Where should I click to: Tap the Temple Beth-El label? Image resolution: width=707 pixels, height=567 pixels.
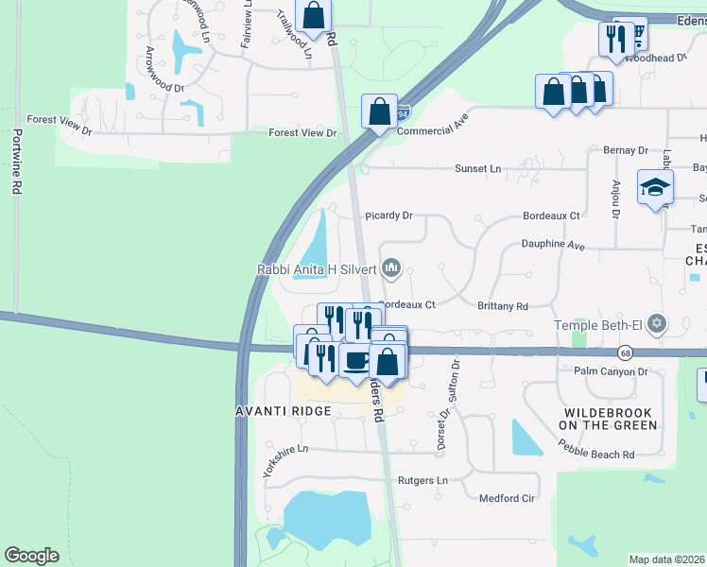tap(597, 327)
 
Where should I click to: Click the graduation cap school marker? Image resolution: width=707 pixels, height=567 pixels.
tap(654, 187)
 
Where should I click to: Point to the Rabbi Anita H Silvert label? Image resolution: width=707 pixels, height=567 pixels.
tap(317, 269)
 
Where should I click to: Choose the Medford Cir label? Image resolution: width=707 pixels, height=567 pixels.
tap(508, 498)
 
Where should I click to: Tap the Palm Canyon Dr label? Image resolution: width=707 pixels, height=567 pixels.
tap(610, 371)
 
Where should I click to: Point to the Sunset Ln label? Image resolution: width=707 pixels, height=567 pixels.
tap(477, 168)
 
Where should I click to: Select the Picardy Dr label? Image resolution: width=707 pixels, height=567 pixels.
tap(389, 215)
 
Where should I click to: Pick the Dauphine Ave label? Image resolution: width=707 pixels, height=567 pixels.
tap(553, 244)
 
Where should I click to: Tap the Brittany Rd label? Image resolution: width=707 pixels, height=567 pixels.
tap(502, 306)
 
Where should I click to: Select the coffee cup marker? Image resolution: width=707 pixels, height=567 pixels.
tap(356, 361)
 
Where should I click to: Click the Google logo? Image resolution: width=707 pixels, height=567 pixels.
tap(31, 556)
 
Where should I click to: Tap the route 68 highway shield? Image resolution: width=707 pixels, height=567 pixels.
tap(626, 352)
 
